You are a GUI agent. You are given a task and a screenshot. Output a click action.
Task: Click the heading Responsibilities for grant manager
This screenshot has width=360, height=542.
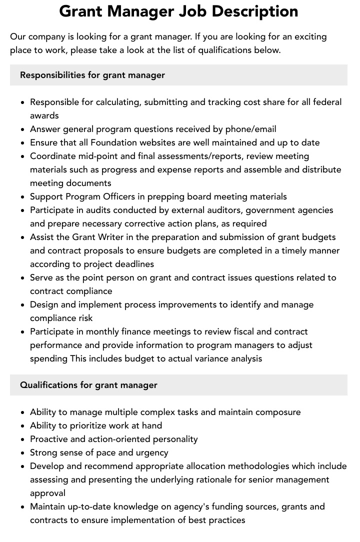[x=92, y=75]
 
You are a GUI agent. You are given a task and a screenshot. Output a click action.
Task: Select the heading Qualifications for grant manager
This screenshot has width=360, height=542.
[x=88, y=385]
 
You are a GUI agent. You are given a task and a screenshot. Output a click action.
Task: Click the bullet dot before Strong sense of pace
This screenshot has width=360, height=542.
[x=22, y=453]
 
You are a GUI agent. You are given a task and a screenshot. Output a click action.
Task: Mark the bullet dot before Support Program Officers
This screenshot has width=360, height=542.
[x=22, y=197]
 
